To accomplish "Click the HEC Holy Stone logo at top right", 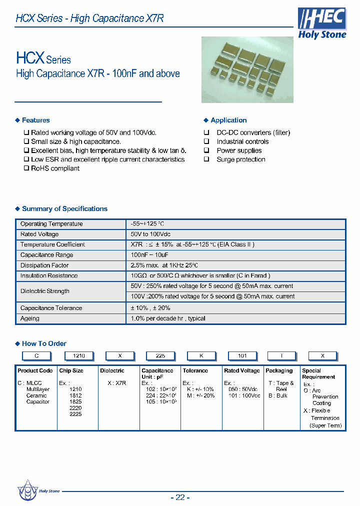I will [x=321, y=23].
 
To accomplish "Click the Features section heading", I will [x=35, y=120].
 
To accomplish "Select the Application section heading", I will [x=228, y=120].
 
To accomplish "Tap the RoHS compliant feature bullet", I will [x=55, y=168].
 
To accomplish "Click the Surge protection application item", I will [x=240, y=159].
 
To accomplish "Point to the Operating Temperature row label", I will [x=51, y=224].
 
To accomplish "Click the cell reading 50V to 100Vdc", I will [x=151, y=234].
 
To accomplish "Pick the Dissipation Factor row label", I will [x=44, y=265].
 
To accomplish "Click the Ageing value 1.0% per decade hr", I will [x=168, y=318].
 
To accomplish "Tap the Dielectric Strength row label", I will [x=45, y=291].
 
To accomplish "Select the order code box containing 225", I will [x=160, y=355].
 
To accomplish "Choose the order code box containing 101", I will [x=242, y=355].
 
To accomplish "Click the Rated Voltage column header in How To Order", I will [x=242, y=370].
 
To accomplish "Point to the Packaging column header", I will [x=279, y=370].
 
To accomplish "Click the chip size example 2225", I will [x=75, y=414].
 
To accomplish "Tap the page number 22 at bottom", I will [x=180, y=497].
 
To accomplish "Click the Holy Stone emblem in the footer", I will [x=27, y=489].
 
